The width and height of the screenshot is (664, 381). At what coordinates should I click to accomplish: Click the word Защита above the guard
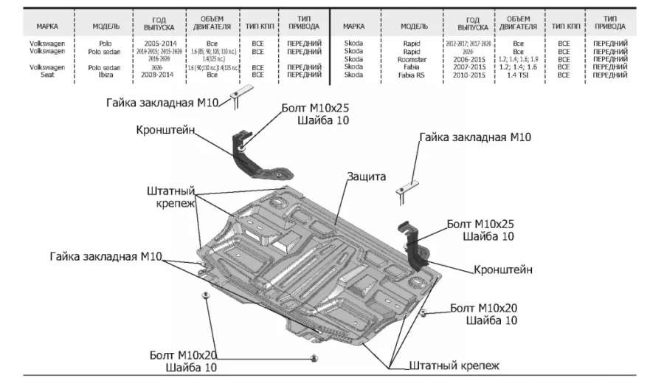pos(367,177)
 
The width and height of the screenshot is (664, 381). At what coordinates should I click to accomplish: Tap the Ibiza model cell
pos(105,75)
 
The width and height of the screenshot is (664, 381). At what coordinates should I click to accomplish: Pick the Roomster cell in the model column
pos(410,59)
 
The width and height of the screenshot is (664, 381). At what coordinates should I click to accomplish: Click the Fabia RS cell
pos(410,75)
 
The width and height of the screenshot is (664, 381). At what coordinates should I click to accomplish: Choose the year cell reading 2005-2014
pos(159,44)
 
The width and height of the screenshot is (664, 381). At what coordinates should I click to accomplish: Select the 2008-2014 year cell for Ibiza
pos(159,75)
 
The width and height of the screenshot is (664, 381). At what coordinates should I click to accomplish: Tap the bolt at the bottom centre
pos(314,358)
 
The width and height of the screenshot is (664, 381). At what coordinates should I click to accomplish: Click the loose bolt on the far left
pos(205,295)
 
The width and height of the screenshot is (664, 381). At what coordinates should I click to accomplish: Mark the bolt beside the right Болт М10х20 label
pos(423,313)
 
